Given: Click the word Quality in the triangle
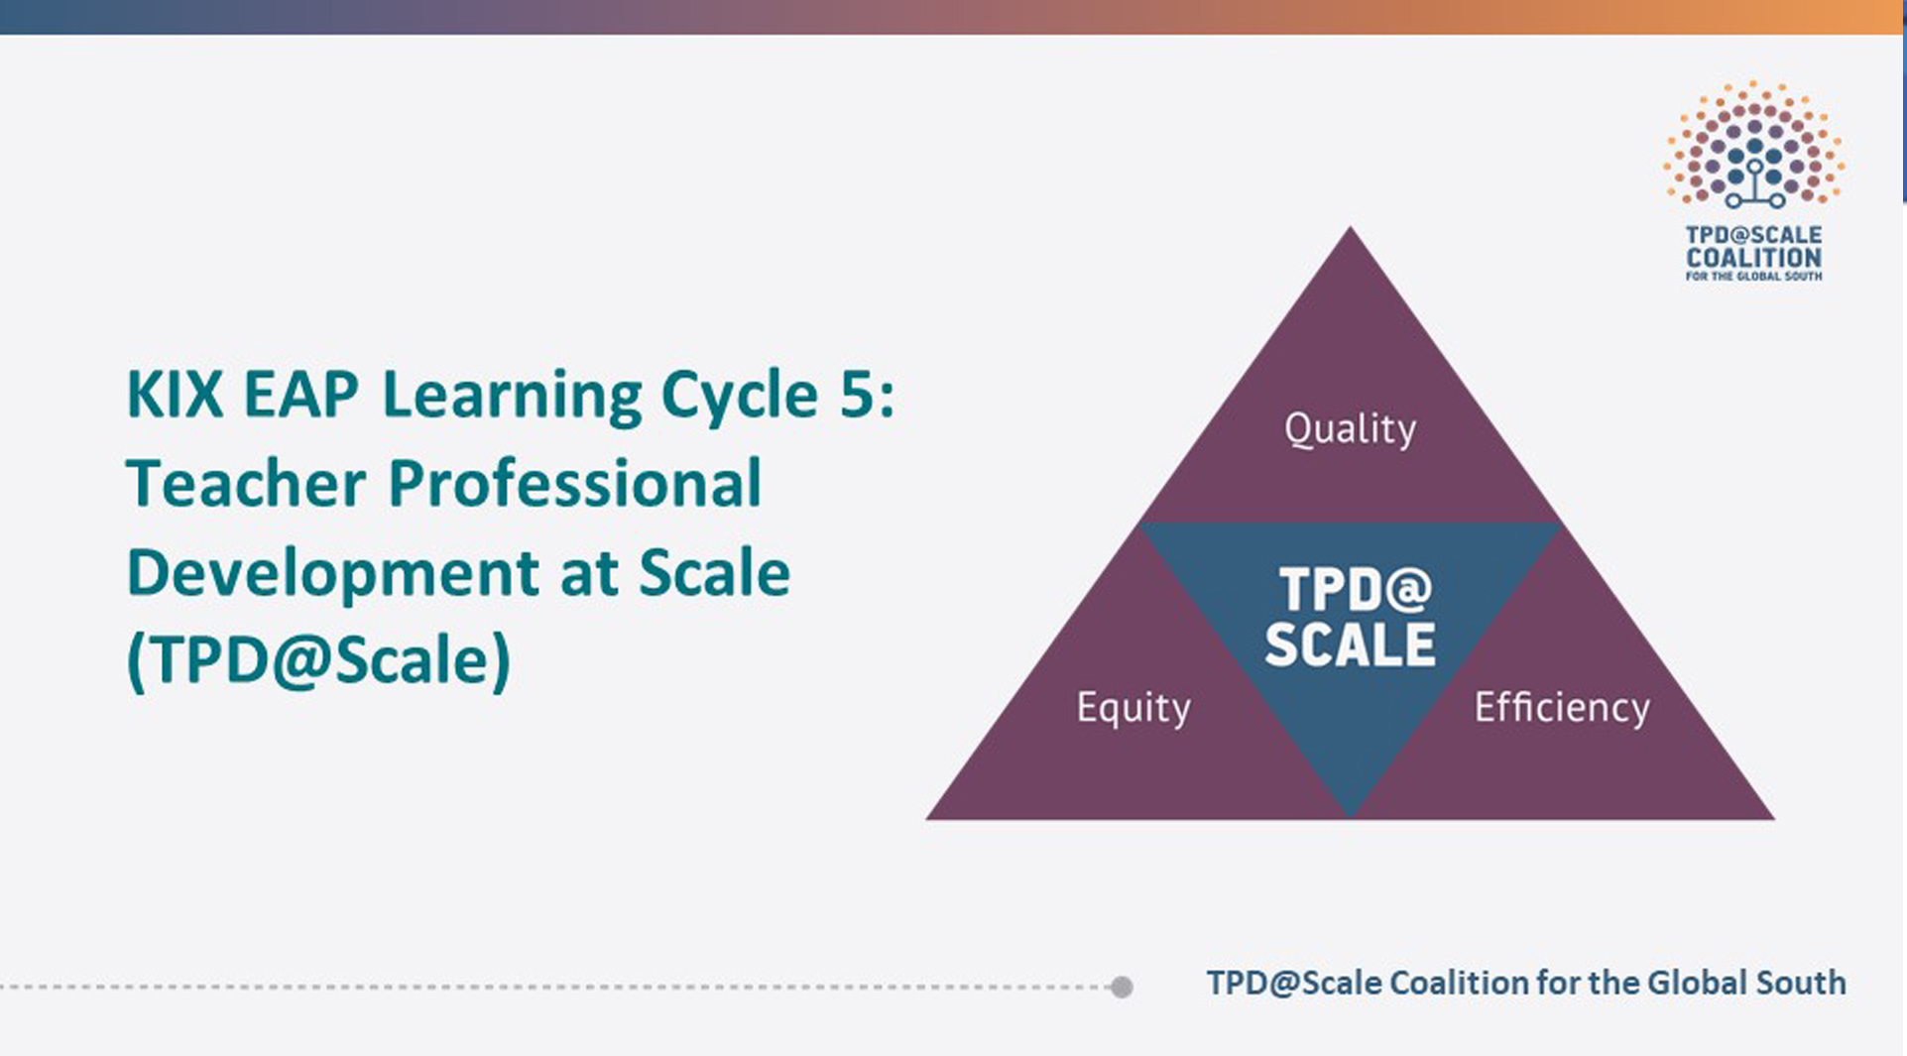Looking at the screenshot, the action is click(1350, 429).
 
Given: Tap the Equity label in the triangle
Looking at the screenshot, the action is click(1133, 708).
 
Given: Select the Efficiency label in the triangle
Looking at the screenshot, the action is click(1562, 707).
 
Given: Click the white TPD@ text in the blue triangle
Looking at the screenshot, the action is click(1356, 590).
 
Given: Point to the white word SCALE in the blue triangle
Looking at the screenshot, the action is click(1350, 645).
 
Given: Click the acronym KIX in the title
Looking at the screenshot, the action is click(176, 394).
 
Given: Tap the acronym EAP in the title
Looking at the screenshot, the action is click(300, 394).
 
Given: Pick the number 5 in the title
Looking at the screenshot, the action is click(854, 394).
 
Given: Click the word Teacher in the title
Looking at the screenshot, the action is click(246, 483).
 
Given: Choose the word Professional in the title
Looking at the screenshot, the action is click(575, 483).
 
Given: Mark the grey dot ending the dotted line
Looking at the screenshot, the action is click(1122, 987).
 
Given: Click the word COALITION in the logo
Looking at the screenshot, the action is click(1753, 257).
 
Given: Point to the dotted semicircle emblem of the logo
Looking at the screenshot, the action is click(1753, 144).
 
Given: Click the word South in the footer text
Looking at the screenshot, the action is click(1801, 983).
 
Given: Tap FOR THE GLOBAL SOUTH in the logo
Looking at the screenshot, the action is click(1753, 277).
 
